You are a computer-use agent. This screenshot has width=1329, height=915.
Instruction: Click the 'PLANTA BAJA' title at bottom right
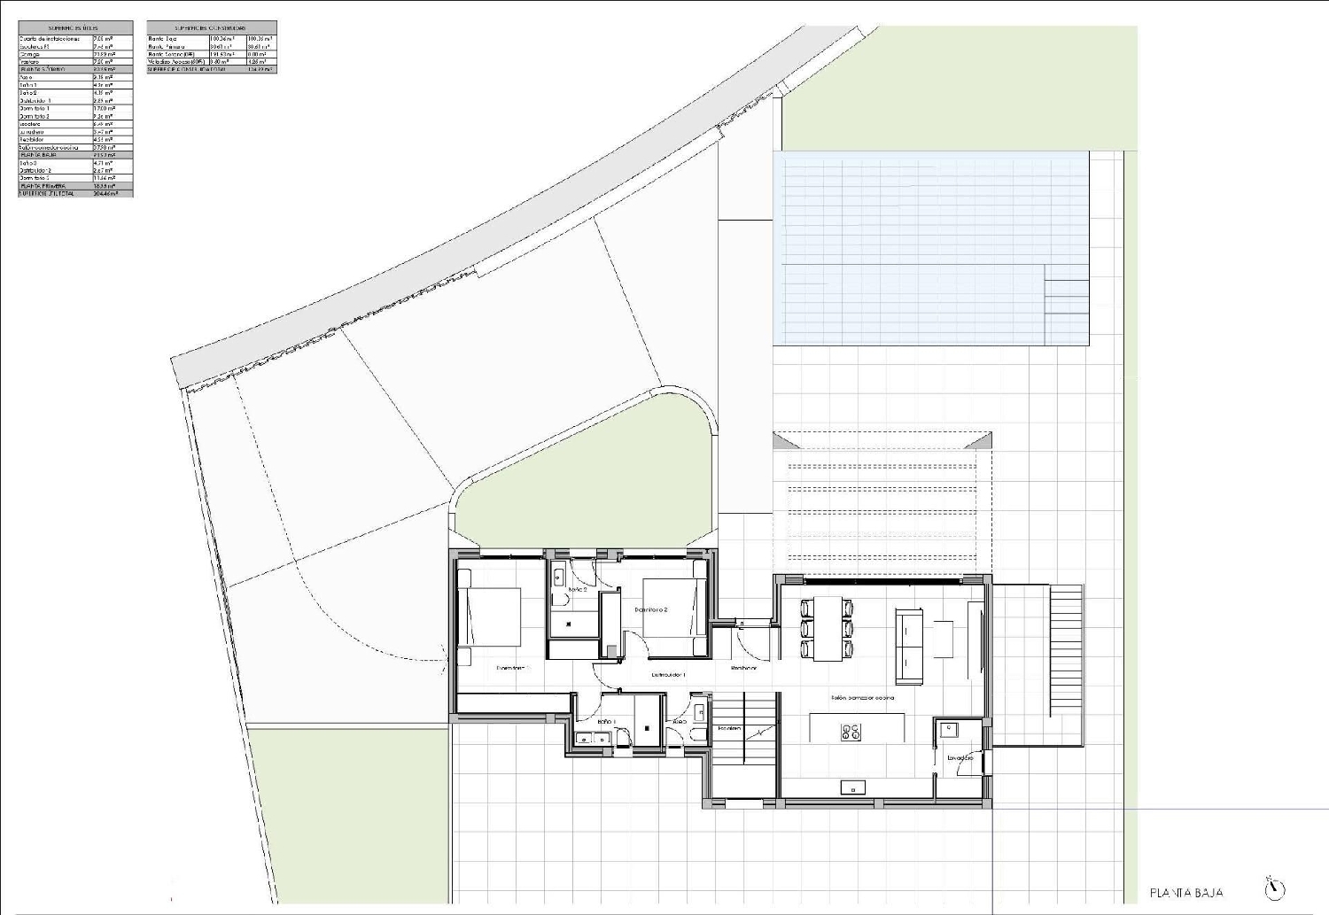point(1185,893)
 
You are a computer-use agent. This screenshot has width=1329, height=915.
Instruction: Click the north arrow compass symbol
point(1275,888)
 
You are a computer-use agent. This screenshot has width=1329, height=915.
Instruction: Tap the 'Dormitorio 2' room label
point(651,610)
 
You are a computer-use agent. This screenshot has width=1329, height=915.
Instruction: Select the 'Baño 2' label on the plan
point(578,589)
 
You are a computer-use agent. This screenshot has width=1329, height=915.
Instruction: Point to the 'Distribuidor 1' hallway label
point(669,675)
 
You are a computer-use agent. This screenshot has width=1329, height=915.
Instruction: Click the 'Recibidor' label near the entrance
point(743,668)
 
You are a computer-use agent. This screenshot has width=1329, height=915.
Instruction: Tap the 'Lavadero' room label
point(960,758)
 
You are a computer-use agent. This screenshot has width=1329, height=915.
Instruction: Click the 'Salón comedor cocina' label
point(862,698)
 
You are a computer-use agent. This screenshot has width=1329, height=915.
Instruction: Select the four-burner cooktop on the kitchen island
point(851,732)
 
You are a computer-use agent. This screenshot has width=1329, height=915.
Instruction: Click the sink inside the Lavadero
point(947,730)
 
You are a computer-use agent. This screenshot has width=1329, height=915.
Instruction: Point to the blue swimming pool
point(930,248)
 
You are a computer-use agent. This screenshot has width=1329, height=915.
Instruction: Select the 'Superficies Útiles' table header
point(75,28)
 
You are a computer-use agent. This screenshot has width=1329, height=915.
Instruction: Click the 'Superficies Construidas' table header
point(211,28)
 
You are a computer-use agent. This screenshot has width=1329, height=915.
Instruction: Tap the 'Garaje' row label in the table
point(30,54)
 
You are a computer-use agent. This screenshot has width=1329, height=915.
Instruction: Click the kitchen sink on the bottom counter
point(853,787)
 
